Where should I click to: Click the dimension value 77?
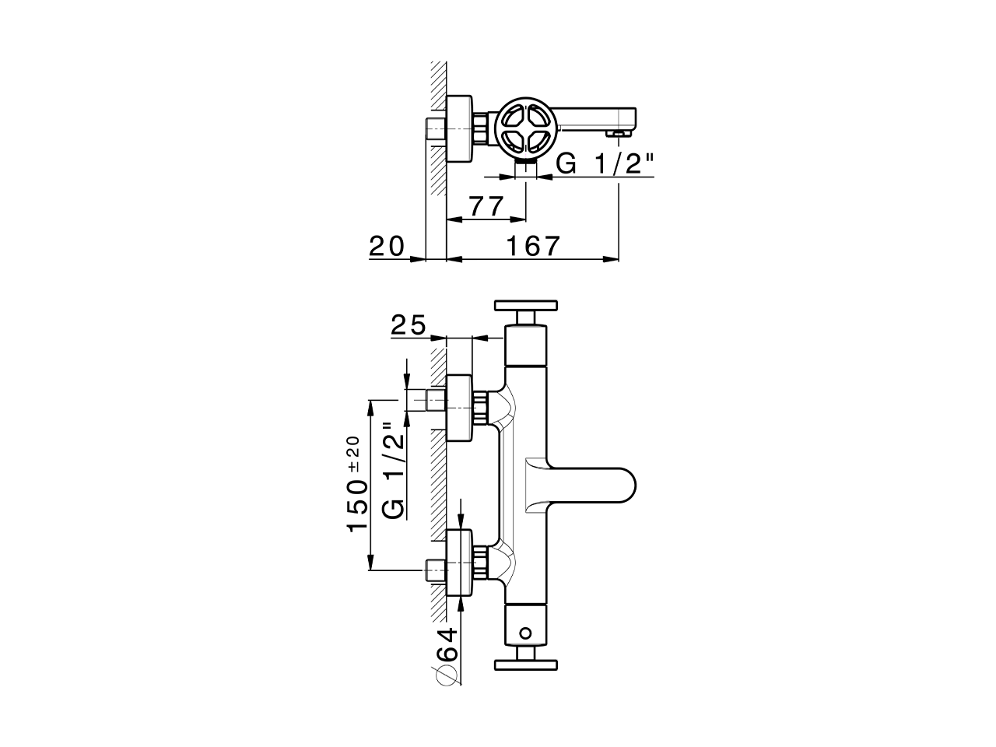pyautogui.click(x=487, y=206)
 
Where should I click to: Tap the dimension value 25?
pyautogui.click(x=408, y=325)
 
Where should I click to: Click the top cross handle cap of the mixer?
pyautogui.click(x=527, y=305)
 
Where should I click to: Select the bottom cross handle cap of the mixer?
pyautogui.click(x=527, y=665)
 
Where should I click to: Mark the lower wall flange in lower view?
pyautogui.click(x=459, y=564)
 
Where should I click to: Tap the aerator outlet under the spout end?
pyautogui.click(x=618, y=135)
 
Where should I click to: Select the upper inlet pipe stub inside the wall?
pyautogui.click(x=436, y=400)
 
